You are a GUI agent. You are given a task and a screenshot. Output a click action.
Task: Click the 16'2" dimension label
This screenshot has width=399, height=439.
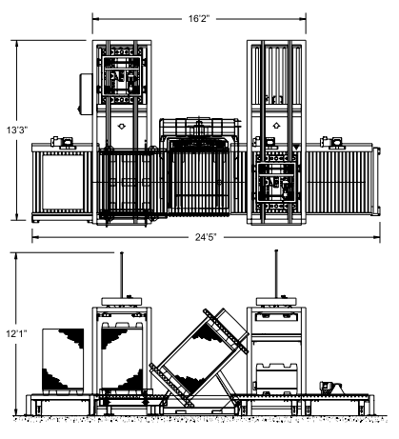click(x=199, y=19)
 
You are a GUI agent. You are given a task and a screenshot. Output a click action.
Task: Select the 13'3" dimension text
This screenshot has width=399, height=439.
click(x=17, y=130)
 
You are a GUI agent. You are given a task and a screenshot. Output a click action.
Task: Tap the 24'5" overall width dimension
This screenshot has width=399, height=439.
click(x=206, y=237)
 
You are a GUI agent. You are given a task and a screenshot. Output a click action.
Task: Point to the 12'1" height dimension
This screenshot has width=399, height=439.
click(x=16, y=333)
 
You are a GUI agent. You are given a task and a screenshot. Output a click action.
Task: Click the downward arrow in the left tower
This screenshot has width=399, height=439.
click(x=121, y=127)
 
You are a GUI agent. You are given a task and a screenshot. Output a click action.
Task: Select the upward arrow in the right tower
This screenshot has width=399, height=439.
click(x=276, y=126)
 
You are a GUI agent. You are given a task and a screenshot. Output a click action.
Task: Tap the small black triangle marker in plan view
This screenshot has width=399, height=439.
click(x=296, y=148)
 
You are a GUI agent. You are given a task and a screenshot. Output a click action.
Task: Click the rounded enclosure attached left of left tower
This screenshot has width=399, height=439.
click(x=85, y=94)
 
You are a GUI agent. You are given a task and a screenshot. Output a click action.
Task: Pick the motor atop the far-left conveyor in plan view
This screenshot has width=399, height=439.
click(x=62, y=142)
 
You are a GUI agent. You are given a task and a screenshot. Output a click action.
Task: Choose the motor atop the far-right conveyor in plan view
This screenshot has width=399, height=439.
click(x=331, y=142)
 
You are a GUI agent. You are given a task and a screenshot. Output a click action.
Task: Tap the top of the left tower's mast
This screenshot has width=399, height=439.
click(x=122, y=253)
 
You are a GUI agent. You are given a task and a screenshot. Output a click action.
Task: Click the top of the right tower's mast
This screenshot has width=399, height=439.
click(x=276, y=251)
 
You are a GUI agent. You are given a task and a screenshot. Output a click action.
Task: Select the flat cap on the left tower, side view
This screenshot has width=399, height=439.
click(x=122, y=301)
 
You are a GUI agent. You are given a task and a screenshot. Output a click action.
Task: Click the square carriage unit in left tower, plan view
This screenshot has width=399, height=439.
click(x=122, y=76)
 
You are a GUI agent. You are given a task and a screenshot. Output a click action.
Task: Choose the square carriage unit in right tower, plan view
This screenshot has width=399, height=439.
click(x=276, y=182)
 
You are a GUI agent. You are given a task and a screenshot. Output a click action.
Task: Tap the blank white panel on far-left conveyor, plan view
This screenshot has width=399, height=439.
click(x=63, y=182)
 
